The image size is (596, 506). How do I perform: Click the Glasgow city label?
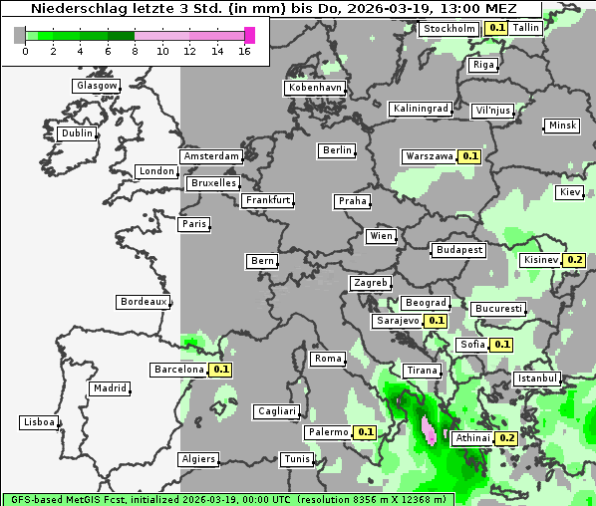[x=97, y=86]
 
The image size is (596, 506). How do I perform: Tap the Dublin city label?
[x=77, y=133]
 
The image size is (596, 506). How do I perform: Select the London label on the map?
[x=156, y=171]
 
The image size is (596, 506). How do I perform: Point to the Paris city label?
[x=194, y=224]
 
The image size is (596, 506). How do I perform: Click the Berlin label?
[x=337, y=150]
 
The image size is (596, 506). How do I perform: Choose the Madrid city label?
[x=110, y=388]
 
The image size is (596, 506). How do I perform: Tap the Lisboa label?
[x=39, y=422]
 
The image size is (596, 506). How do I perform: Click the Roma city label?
[x=328, y=359]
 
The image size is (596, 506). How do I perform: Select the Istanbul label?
[x=537, y=379]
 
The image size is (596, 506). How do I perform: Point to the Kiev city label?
[x=570, y=192]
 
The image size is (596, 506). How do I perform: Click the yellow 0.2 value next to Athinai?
[x=506, y=438]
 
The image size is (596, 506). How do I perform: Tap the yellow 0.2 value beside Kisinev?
[x=574, y=260]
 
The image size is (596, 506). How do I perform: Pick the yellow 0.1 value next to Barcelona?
[x=221, y=370]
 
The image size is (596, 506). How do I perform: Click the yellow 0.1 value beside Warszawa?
[x=470, y=156]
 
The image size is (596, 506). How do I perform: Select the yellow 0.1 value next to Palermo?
[x=365, y=432]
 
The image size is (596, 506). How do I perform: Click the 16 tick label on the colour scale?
[x=245, y=51]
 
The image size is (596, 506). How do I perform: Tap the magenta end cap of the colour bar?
[x=249, y=35]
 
